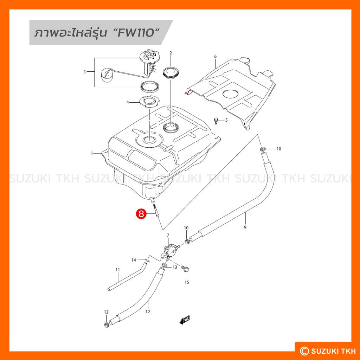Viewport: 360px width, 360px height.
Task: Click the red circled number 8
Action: pyautogui.click(x=141, y=214)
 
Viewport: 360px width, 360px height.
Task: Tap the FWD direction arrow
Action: pyautogui.click(x=185, y=320)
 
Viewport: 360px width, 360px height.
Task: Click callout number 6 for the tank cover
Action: pyautogui.click(x=215, y=56)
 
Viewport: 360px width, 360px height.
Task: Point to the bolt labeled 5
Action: pyautogui.click(x=216, y=121)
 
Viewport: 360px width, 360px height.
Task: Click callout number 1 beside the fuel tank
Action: pyautogui.click(x=92, y=153)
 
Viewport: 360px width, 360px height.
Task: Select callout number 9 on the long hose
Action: pyautogui.click(x=245, y=227)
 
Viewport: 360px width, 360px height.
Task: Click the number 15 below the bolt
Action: pyautogui.click(x=187, y=282)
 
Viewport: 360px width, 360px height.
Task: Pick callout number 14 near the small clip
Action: pyautogui.click(x=134, y=260)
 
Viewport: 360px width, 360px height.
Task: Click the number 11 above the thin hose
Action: pyautogui.click(x=118, y=270)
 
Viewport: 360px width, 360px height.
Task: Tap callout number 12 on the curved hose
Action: pyautogui.click(x=148, y=311)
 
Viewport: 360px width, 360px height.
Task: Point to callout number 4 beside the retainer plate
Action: pyautogui.click(x=128, y=102)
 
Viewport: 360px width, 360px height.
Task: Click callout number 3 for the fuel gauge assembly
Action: pyautogui.click(x=84, y=72)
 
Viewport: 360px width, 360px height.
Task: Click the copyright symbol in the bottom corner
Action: pyautogui.click(x=304, y=351)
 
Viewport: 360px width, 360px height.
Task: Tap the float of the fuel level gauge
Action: pyautogui.click(x=106, y=75)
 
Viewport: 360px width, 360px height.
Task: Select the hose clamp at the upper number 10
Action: pyautogui.click(x=262, y=149)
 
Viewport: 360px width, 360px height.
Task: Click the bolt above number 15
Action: pyautogui.click(x=185, y=268)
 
